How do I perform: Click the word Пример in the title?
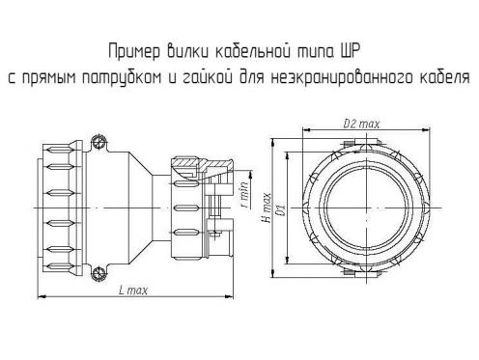[134, 52]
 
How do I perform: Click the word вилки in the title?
[187, 51]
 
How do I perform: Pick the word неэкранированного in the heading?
[342, 78]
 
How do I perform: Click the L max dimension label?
[133, 291]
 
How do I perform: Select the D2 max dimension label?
[361, 124]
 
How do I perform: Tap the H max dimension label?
[267, 208]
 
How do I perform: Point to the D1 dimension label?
[282, 209]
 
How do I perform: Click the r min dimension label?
[245, 195]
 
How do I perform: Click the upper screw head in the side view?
[98, 142]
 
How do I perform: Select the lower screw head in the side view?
[98, 274]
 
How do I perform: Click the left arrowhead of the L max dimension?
[41, 296]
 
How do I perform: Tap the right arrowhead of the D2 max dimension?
[427, 129]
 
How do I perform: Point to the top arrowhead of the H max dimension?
[272, 142]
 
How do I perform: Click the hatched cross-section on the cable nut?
[201, 163]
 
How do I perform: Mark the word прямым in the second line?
[50, 78]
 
